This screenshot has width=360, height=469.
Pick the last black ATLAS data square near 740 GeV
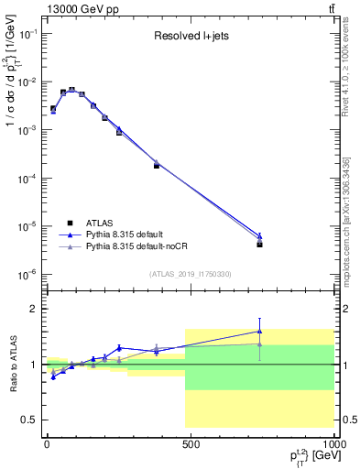click(x=260, y=245)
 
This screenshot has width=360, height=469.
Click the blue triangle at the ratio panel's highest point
click(x=260, y=332)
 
